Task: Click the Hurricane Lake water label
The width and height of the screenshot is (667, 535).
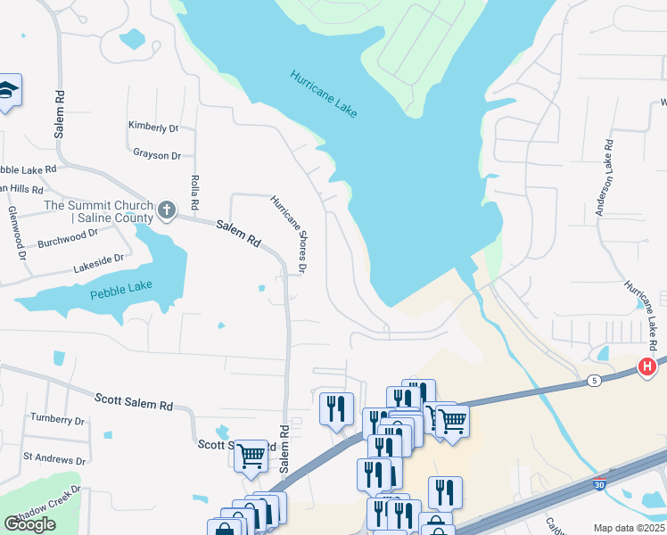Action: (323, 93)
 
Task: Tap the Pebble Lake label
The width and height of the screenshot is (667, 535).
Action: (121, 290)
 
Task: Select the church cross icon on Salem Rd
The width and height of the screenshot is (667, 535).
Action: (166, 211)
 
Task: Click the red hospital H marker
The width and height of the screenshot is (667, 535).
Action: (647, 366)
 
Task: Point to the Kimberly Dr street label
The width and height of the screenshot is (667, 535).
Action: (153, 126)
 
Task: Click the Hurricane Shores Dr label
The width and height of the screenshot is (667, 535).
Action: (291, 235)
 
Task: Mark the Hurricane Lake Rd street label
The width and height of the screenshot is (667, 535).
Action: (641, 317)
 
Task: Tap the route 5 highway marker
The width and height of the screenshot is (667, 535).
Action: (593, 381)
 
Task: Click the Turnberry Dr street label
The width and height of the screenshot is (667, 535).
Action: (57, 419)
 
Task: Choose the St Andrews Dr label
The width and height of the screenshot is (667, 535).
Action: (54, 461)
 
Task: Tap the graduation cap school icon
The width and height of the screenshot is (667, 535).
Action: (8, 90)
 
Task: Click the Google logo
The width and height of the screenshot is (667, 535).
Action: (29, 524)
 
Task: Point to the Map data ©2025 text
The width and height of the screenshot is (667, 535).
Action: (629, 528)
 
